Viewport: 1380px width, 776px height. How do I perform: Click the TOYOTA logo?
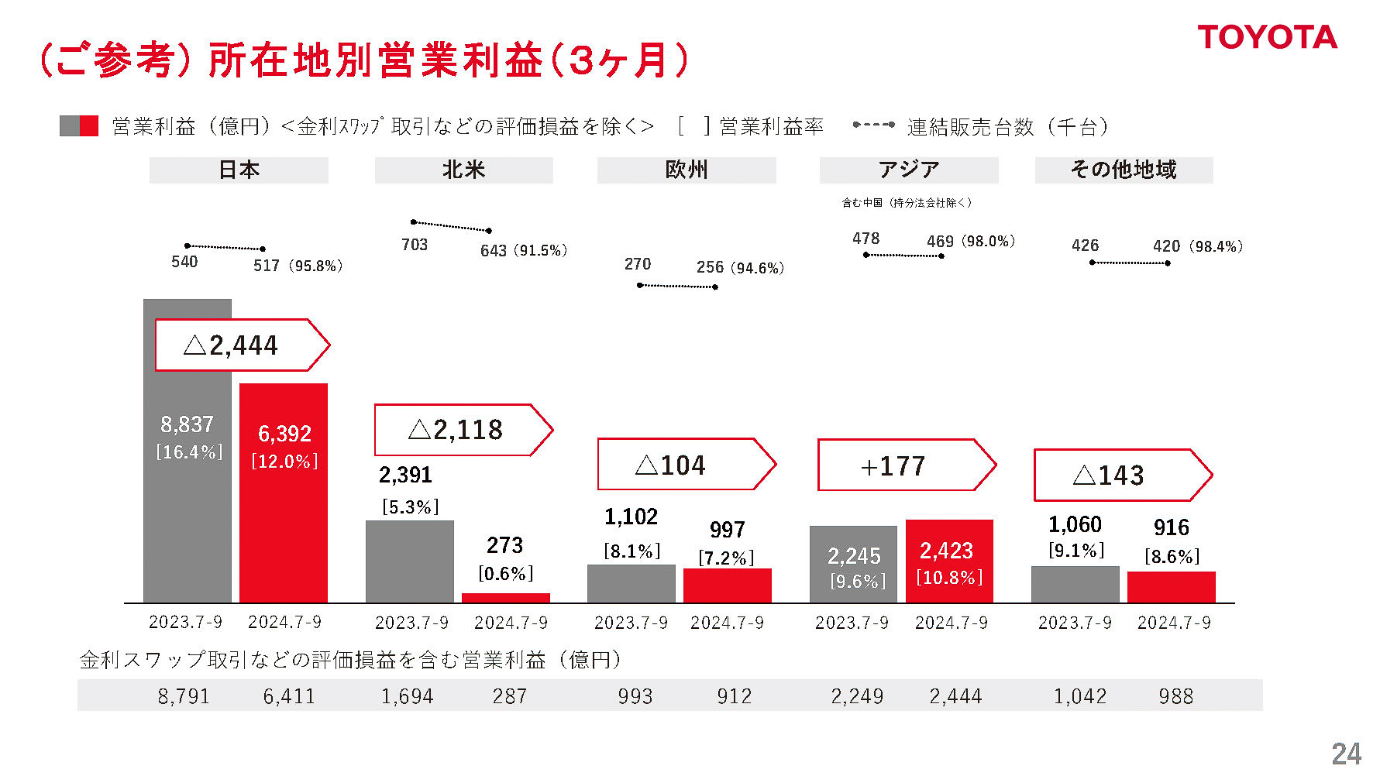[x=1267, y=37]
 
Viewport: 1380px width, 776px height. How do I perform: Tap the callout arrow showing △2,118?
[x=462, y=430]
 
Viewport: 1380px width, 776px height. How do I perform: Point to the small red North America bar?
[x=505, y=598]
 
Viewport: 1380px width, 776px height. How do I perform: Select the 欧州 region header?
[x=686, y=170]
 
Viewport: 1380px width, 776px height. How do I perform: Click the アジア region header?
[x=908, y=170]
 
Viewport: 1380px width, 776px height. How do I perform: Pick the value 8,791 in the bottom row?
[x=184, y=696]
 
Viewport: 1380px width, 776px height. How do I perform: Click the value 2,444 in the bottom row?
[x=955, y=696]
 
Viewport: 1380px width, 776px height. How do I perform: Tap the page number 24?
[x=1346, y=754]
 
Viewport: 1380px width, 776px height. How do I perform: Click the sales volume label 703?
[x=415, y=245]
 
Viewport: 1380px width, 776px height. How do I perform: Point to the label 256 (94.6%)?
[x=739, y=268]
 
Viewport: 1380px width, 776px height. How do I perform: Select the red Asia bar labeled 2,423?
[x=949, y=561]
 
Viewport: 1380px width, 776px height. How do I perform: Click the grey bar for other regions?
[x=1075, y=584]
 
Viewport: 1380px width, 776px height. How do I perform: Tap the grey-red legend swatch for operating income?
[x=79, y=126]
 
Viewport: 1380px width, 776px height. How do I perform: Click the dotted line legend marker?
[x=873, y=125]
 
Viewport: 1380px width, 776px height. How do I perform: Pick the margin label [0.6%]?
[x=505, y=574]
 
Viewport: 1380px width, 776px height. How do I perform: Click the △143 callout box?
[x=1121, y=475]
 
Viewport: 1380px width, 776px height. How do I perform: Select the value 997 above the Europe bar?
[x=727, y=530]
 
